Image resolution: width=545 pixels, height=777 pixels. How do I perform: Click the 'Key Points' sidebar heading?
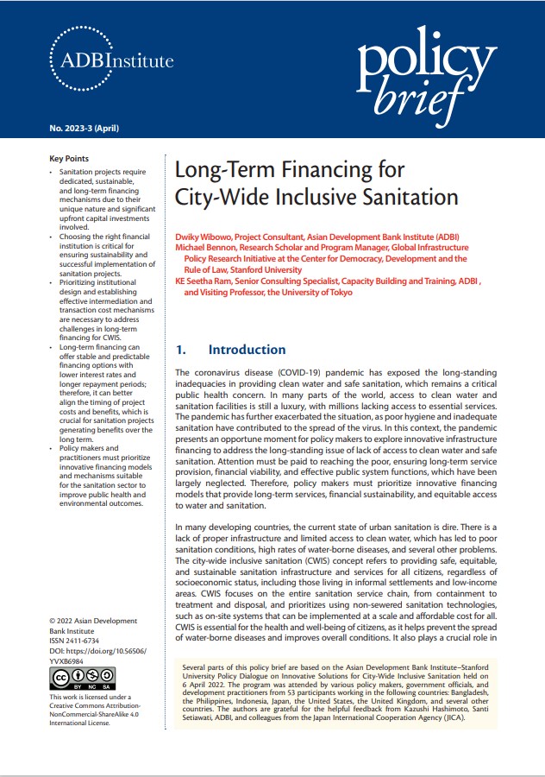(x=69, y=159)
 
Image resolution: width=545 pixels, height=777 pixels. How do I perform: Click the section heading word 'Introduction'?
(x=247, y=350)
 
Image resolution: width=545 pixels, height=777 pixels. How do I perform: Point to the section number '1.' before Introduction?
(x=181, y=350)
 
